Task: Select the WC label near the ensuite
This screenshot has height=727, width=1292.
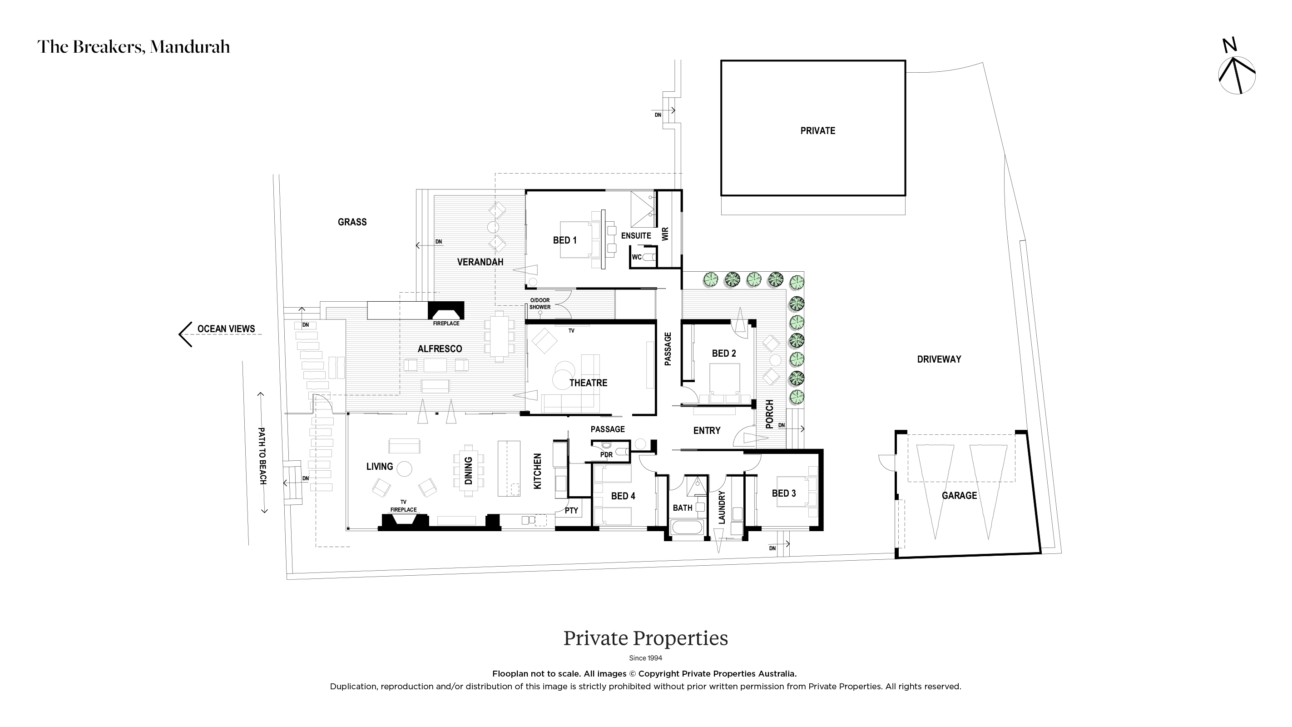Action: [x=637, y=257]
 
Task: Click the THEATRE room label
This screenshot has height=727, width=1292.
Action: [x=588, y=383]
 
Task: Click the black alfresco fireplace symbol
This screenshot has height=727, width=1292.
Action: [x=446, y=311]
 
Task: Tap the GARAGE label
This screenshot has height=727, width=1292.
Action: [x=959, y=496]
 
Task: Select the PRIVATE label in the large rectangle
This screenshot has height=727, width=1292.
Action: [x=817, y=131]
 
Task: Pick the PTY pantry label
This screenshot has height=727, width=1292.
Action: [x=571, y=511]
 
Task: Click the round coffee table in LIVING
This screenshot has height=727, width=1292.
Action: [x=404, y=468]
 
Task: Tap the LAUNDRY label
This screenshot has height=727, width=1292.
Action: [x=722, y=507]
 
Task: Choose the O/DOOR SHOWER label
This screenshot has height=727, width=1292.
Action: [x=540, y=304]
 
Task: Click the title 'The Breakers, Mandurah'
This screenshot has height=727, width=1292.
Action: [x=134, y=47]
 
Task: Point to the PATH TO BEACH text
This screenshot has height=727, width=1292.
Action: [x=262, y=456]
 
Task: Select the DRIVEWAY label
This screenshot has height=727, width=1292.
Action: [x=939, y=359]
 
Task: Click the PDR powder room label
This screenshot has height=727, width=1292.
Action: [x=606, y=454]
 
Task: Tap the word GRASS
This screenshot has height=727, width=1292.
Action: [x=352, y=222]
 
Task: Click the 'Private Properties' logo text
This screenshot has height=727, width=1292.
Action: [x=645, y=639]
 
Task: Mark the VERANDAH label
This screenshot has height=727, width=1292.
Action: [x=480, y=262]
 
